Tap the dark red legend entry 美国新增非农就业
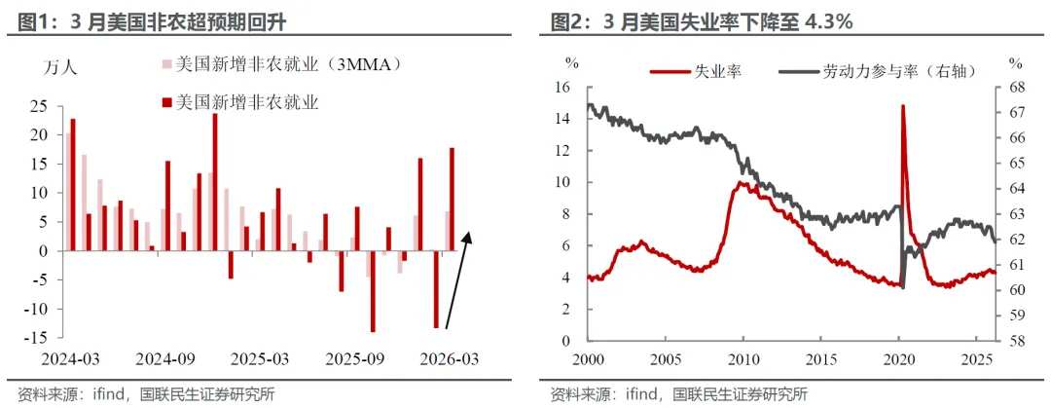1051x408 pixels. point(247,101)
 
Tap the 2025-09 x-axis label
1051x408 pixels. point(355,358)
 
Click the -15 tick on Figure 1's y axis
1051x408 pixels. point(38,338)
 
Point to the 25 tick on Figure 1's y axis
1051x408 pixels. point(42,106)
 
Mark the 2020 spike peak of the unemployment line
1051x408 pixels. point(903,106)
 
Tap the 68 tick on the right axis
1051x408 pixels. point(1016,87)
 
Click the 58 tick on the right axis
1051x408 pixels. point(1016,341)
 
